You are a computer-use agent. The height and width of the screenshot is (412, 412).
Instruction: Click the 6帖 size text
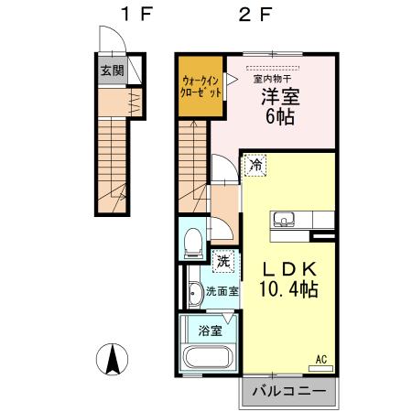pos(281,116)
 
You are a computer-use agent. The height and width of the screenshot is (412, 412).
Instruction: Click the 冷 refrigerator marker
pos(255,166)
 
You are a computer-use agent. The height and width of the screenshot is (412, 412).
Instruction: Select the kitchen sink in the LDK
pos(282,219)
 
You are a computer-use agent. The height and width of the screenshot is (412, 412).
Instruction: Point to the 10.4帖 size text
pos(287,290)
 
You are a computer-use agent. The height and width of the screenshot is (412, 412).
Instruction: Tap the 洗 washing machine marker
pos(223,260)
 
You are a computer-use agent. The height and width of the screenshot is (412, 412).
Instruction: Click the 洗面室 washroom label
pos(221,292)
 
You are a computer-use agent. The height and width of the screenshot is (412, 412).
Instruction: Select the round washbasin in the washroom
pos(195,293)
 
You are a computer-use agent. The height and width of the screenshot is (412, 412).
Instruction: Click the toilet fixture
pos(193,242)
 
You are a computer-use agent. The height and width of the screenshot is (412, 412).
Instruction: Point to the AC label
pos(321,358)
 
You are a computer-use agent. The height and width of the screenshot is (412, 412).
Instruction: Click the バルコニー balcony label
pos(287,392)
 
